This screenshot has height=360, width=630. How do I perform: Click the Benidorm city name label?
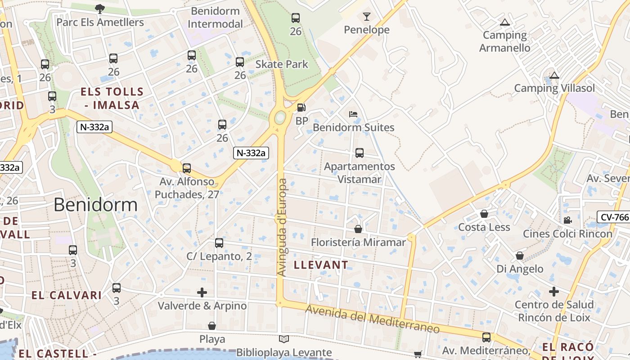point(95,205)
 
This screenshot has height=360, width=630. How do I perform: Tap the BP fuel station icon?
point(301,108)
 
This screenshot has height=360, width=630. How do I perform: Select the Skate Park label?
point(282,64)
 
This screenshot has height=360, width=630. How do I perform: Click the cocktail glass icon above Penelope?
point(367,17)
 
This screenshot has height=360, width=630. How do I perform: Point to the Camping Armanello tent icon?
point(505,22)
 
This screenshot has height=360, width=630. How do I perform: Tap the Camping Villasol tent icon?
point(554,75)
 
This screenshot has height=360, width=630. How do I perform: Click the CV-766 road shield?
point(614,217)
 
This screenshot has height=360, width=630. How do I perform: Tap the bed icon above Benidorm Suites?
point(353,114)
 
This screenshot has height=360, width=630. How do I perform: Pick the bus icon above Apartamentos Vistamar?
point(359,153)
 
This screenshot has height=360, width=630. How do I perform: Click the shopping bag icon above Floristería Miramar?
point(358,229)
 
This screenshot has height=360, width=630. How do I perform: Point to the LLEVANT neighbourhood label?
point(321,265)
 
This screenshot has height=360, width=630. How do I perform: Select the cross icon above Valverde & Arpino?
point(202,292)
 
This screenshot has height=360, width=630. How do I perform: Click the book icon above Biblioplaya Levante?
point(283,339)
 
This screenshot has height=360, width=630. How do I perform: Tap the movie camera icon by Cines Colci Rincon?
point(567,220)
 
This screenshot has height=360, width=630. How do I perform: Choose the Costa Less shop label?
point(484,227)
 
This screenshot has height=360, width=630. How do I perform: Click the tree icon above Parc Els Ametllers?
point(100,8)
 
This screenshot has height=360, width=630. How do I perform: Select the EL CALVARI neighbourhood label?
point(67,295)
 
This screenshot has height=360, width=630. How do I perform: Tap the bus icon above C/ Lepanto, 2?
point(219,243)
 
